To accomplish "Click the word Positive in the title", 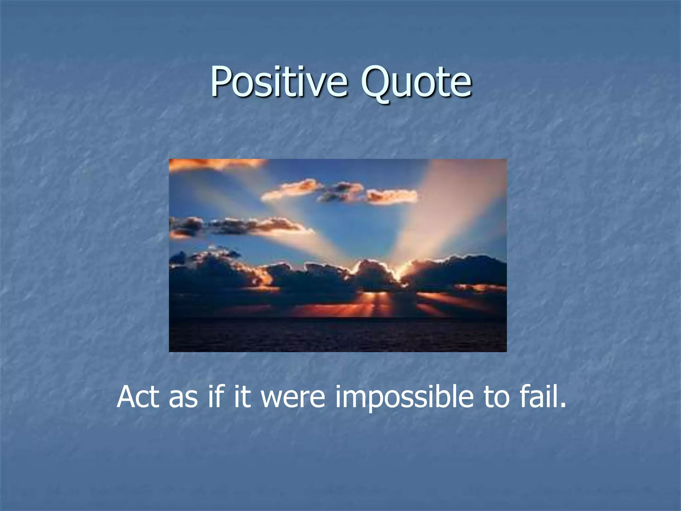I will coord(279,82).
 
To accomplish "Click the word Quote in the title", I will coord(416,82).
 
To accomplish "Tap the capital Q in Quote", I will coord(376,82).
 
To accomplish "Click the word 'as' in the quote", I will coord(183,398).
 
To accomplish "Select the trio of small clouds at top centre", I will coord(339,192).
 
